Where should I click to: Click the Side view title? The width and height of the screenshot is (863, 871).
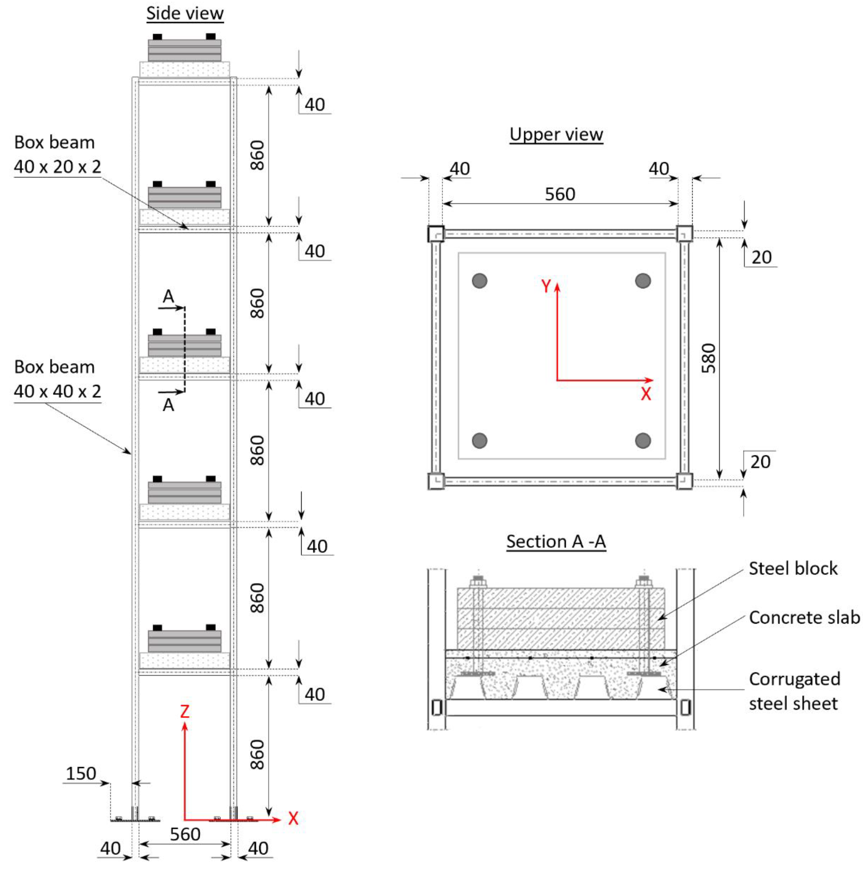point(184,13)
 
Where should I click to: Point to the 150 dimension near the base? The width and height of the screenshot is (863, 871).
point(81,773)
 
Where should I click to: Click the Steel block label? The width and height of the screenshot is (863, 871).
point(793,568)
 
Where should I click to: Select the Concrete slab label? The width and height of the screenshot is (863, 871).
point(804,618)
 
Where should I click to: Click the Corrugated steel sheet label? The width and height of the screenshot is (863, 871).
point(794,691)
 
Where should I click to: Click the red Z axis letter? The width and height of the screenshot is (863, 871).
point(184,712)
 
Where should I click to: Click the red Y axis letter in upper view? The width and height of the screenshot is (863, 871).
point(546,286)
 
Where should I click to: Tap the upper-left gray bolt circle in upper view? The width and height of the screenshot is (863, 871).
point(479,280)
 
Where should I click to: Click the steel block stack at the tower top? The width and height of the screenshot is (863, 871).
point(184,50)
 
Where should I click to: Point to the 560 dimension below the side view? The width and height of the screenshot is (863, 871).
point(185,835)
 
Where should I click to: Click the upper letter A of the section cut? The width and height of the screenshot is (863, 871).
point(168,297)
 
